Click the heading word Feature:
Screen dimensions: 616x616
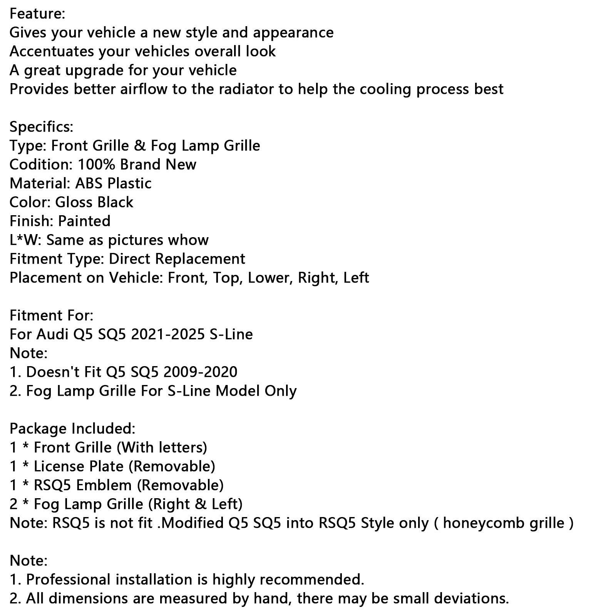pyautogui.click(x=37, y=14)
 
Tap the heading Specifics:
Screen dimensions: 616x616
pyautogui.click(x=41, y=127)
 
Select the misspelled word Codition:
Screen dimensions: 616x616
pyautogui.click(x=41, y=164)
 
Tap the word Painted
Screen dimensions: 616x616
pyautogui.click(x=84, y=221)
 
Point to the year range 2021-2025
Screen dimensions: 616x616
pyautogui.click(x=168, y=334)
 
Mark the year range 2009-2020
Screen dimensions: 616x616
pyautogui.click(x=200, y=372)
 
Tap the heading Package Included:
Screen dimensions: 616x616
pyautogui.click(x=72, y=429)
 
